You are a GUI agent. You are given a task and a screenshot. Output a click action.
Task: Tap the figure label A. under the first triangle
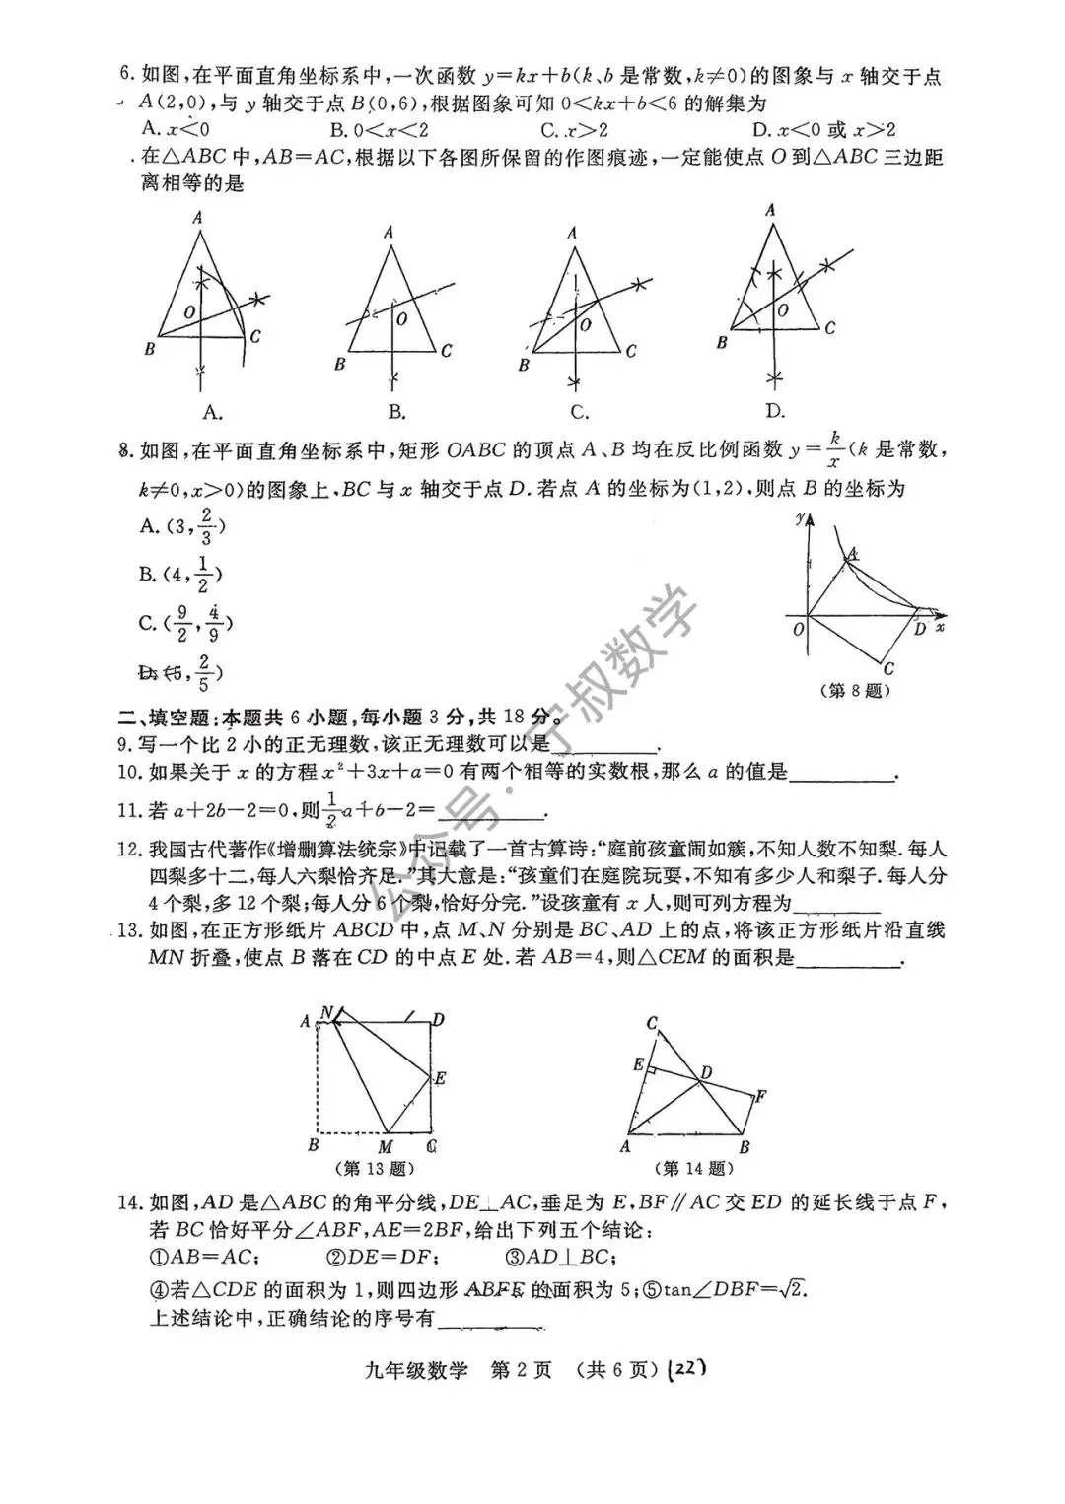coord(211,411)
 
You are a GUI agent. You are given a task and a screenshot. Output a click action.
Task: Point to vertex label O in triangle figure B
coord(401,319)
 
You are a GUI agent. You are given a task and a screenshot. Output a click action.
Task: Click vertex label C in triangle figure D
coord(830,329)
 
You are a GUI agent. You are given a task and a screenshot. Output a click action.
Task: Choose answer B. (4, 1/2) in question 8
coord(180,575)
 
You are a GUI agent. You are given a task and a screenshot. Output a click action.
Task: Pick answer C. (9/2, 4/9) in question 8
coord(185,623)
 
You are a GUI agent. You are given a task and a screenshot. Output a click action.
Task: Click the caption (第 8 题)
coord(855,691)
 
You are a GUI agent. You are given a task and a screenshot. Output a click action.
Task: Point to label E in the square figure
coord(440,1078)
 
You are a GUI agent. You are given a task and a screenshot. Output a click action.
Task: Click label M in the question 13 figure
coord(387,1147)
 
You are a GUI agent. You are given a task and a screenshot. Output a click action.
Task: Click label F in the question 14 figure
coord(760,1096)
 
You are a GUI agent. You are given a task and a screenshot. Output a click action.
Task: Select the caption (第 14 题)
coord(695,1169)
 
